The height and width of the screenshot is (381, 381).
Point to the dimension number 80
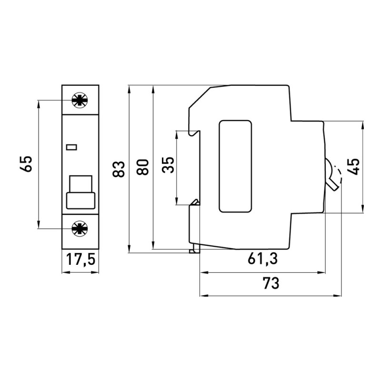[x=144, y=168]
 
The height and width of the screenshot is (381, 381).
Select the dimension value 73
[x=270, y=283]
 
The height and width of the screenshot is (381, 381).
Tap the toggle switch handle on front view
[x=80, y=192]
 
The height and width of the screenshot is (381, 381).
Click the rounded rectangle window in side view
[x=234, y=166]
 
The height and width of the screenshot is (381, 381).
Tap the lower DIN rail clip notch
[x=194, y=202]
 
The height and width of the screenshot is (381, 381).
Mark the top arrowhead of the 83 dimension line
[x=129, y=89]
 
